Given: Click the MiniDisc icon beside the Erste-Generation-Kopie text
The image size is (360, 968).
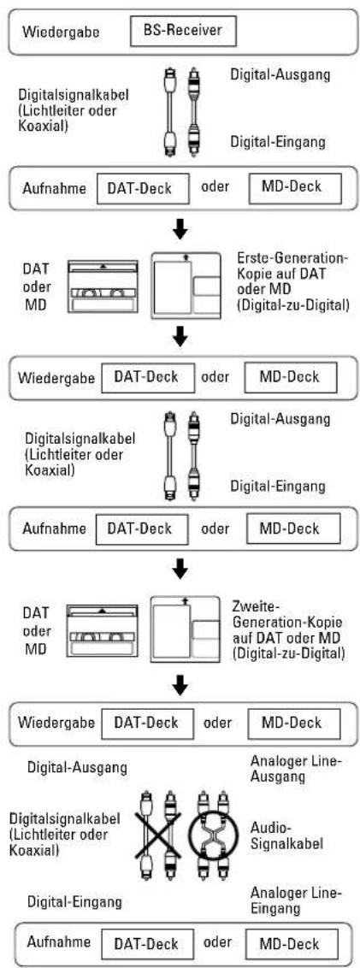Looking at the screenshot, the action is [x=186, y=285].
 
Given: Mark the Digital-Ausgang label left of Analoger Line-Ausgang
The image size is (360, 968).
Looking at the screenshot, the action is [x=78, y=769].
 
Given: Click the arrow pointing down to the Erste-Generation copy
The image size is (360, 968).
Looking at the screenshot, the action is [x=180, y=230].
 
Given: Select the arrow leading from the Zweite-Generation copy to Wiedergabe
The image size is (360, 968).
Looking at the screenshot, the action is [x=180, y=685].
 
